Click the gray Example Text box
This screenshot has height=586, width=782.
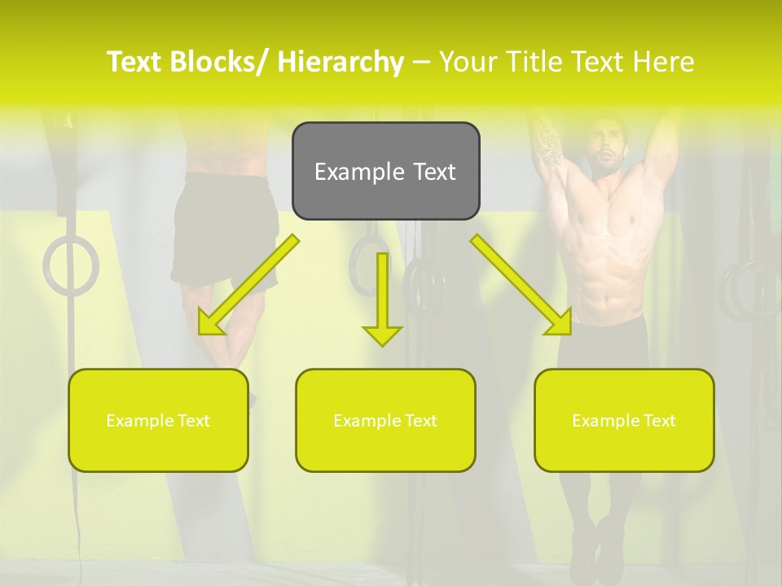385,171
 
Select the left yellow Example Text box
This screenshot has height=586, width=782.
158,420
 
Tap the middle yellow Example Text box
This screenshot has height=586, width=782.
385,420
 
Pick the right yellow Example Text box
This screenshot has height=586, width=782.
624,420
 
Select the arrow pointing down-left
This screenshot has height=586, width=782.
248,285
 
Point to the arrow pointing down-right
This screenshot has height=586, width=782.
521,285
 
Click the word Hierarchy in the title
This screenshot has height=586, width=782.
340,62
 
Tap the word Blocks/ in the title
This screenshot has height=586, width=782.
222,62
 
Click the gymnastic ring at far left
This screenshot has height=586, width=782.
71,265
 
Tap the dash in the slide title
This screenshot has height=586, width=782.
421,62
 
